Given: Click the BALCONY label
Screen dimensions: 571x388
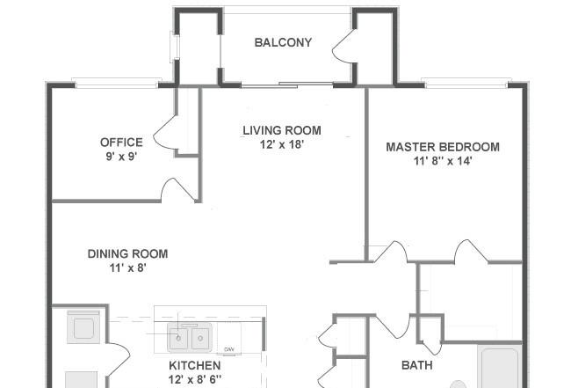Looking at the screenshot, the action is click(283, 42).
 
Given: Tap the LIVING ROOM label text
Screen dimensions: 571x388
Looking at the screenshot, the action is click(282, 130).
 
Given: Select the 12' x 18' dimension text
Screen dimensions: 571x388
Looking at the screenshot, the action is click(281, 144).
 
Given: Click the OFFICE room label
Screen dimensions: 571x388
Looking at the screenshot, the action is click(121, 142).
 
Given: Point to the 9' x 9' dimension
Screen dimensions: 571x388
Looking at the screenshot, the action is click(121, 157).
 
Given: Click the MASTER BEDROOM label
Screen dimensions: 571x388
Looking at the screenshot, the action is click(443, 147).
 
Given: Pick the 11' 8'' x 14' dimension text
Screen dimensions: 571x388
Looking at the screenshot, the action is click(443, 161).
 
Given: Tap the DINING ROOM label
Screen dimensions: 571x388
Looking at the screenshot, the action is click(127, 253).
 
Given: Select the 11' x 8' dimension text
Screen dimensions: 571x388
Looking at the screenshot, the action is click(127, 268).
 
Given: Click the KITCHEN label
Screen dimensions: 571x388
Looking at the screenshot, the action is click(194, 365).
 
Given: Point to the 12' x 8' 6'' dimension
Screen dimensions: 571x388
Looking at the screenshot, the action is click(194, 379).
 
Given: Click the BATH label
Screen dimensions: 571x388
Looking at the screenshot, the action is click(417, 365).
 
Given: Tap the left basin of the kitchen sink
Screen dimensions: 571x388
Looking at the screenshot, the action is click(178, 339).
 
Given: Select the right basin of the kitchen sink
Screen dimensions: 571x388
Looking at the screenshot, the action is click(200, 339).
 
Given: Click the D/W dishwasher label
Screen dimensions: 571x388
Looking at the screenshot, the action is click(228, 349).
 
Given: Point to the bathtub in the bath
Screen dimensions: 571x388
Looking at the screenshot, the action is click(500, 367).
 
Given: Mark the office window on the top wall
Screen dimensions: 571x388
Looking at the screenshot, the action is click(117, 83).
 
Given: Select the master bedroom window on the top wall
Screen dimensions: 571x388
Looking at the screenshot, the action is click(466, 83).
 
